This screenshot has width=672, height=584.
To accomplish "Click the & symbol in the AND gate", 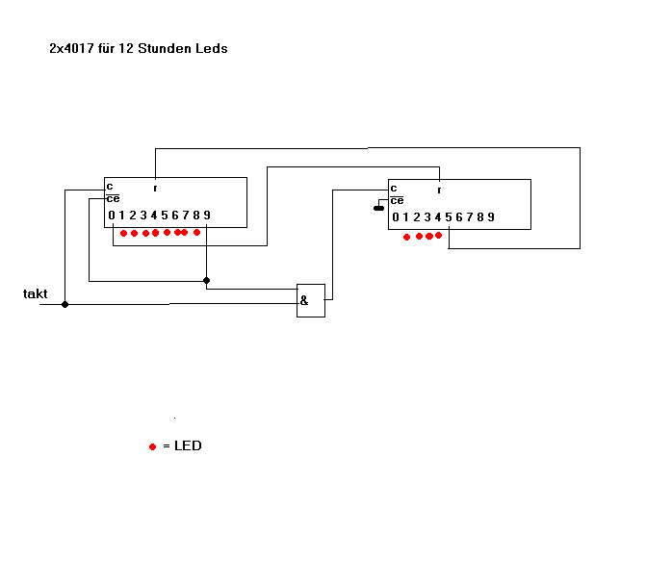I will point(304,300).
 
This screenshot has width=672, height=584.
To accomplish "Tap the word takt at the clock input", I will point(36,293).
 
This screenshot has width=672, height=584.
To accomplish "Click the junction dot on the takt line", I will point(65,304).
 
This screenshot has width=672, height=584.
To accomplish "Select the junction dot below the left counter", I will point(206,281).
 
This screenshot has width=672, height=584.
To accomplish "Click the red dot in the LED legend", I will point(152,447).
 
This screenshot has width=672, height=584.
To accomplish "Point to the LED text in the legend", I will point(188,446).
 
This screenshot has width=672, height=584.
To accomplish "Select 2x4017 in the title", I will point(71,47).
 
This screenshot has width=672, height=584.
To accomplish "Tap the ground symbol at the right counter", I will point(378,206).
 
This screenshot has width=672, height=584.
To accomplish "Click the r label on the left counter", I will point(155,187).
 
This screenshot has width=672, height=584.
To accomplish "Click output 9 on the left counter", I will point(206,215).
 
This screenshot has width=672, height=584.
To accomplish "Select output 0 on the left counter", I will point(112,215).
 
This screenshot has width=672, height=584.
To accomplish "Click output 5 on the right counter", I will point(448,217).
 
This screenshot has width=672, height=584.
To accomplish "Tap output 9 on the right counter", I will point(491,217).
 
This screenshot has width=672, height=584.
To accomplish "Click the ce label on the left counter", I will point(113,198).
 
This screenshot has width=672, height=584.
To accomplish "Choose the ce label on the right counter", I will point(396,200).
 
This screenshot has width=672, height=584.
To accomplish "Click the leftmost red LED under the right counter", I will point(406,237).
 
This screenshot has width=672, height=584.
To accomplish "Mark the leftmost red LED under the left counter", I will point(123,233).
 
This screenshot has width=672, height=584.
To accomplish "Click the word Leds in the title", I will point(212,47).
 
